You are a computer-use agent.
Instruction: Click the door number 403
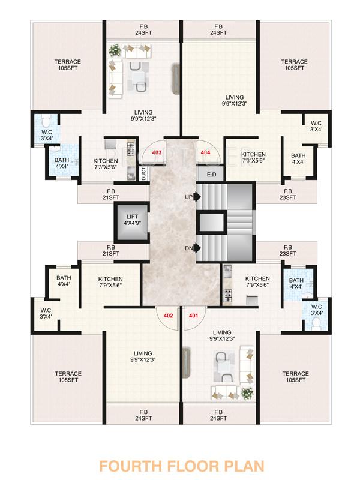click(158, 153)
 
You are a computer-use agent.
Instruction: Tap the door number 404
click(206, 153)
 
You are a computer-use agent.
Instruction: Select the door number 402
click(168, 315)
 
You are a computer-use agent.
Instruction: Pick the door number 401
click(193, 315)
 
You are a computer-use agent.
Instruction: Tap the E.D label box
click(211, 175)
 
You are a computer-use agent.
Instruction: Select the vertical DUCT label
click(144, 173)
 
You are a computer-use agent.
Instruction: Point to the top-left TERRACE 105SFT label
click(68, 65)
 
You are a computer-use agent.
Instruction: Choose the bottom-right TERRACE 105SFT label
click(295, 377)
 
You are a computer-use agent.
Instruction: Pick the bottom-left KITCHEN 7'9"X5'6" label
click(110, 283)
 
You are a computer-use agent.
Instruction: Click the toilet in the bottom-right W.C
click(316, 325)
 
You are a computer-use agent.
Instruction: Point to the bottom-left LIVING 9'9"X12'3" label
click(143, 356)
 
